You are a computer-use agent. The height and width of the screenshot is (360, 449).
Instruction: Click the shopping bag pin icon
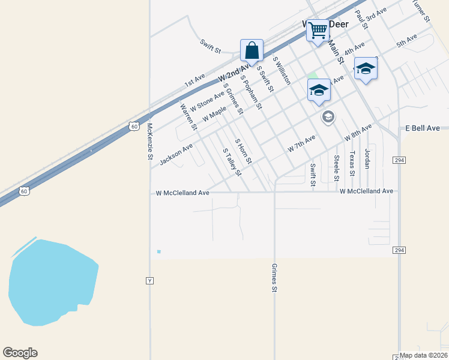[x=252, y=50]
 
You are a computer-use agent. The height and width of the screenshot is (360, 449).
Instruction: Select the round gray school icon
[x=328, y=116]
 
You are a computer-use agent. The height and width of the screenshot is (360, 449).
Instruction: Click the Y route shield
[x=150, y=280]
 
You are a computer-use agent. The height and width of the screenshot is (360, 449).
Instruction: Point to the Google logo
[x=20, y=353]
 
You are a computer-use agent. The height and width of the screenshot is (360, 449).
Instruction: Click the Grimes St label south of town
[x=274, y=278]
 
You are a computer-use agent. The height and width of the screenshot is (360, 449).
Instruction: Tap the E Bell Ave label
[x=423, y=128]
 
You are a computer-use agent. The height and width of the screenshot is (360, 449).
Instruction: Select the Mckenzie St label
[x=150, y=142]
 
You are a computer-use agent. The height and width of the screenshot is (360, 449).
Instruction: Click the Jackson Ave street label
[x=176, y=154]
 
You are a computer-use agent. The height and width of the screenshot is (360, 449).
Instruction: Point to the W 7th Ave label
[x=301, y=143]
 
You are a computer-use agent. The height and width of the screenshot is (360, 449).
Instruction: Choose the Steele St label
[x=337, y=168]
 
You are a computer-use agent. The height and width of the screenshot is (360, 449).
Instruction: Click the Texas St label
[x=353, y=163]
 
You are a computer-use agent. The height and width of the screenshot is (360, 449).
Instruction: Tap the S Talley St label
[x=232, y=162]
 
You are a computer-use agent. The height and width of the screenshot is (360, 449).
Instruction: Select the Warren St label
[x=188, y=116]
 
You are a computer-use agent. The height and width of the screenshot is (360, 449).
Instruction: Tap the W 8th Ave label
[x=358, y=132]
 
